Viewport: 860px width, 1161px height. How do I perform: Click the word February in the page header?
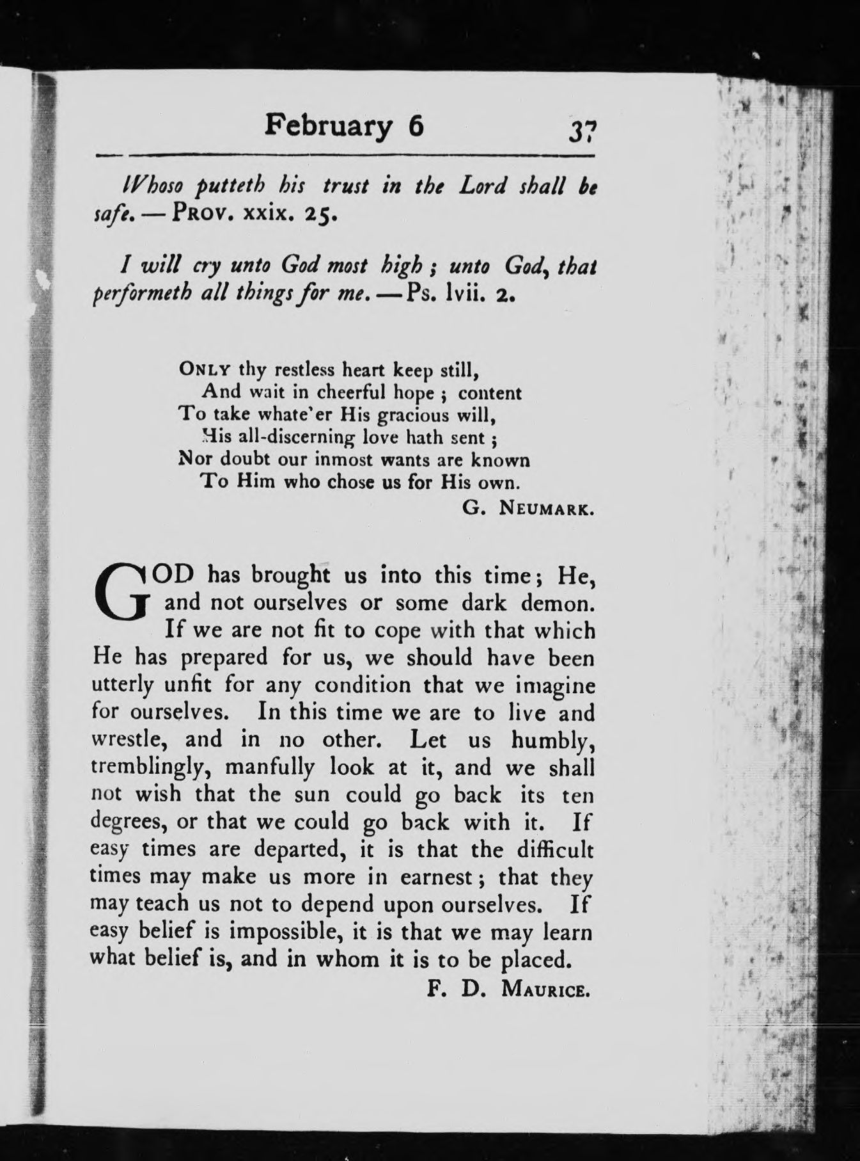coord(328,125)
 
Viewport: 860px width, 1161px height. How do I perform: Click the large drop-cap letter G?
coord(125,592)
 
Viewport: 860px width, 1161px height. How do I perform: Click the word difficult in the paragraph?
coord(554,849)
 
